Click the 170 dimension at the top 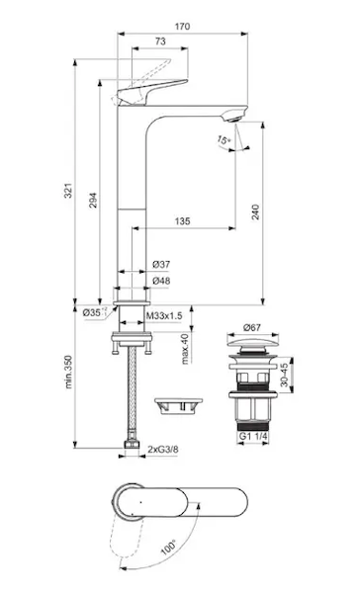pos(182,27)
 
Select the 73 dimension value pos(160,42)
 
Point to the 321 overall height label pos(68,191)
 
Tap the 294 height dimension pos(93,201)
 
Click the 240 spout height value pos(256,212)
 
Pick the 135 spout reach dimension pos(182,220)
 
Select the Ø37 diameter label pos(161,264)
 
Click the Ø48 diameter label pos(161,281)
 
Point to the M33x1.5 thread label pos(164,315)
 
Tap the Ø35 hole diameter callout pos(93,312)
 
